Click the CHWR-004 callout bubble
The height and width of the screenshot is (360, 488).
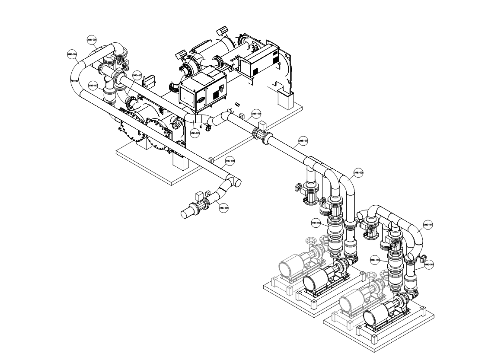pos(256,114)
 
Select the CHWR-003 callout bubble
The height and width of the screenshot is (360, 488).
pos(303,140)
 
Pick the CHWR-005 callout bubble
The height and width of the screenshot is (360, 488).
pos(195,133)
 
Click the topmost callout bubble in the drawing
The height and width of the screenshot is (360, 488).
pos(91,39)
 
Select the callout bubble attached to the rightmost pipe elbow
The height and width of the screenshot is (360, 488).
pos(428,224)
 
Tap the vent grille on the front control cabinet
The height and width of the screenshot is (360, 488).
pos(216,90)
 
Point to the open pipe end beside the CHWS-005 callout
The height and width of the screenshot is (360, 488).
pos(237,183)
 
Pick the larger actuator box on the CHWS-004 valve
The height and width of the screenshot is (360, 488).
pos(200,194)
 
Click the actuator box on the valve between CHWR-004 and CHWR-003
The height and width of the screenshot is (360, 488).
pos(262,127)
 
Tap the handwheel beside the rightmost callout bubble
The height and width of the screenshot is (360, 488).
pos(423,259)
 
